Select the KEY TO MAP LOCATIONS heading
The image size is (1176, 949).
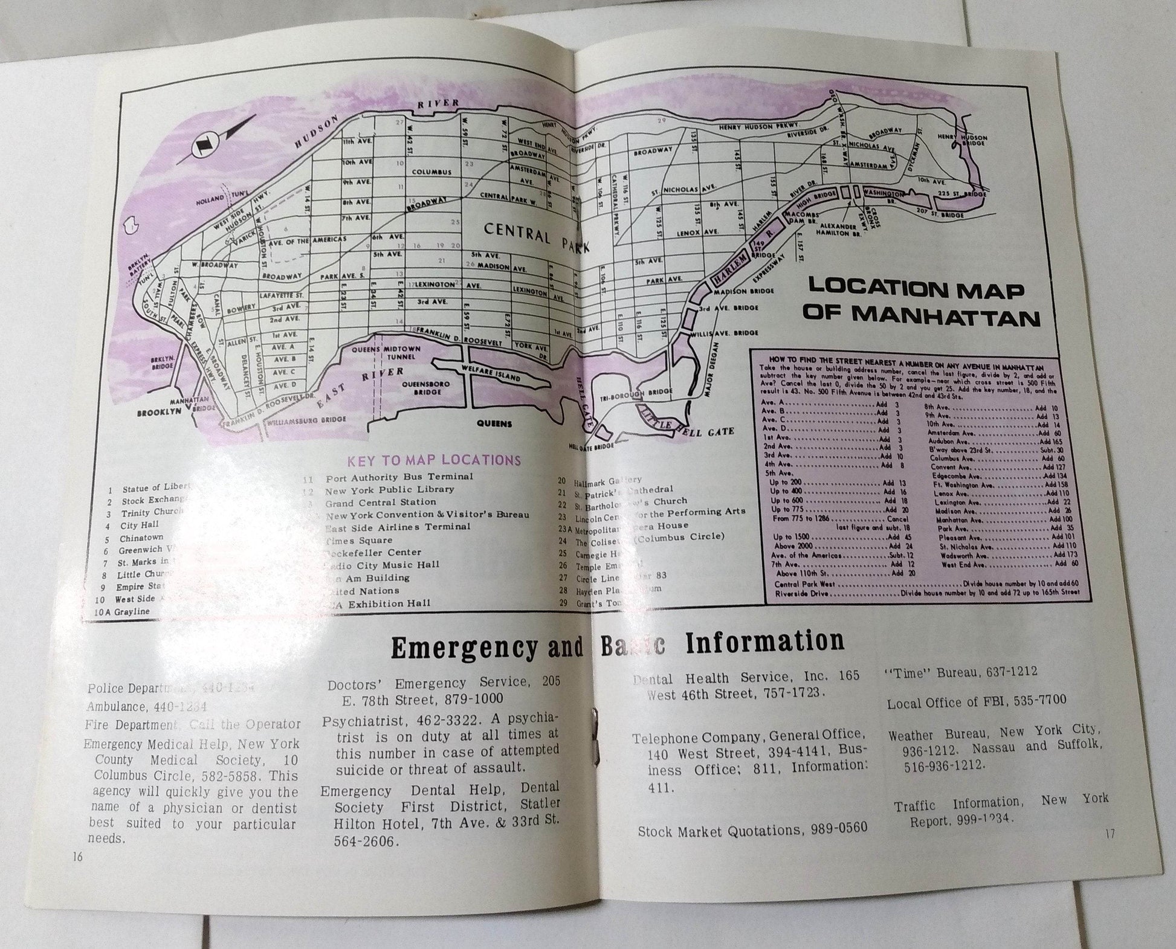[x=433, y=460]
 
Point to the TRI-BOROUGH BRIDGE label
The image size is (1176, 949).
[x=645, y=392]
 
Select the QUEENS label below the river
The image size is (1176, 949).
[x=494, y=423]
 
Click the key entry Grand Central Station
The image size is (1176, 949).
[x=380, y=502]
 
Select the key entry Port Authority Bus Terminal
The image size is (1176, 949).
[x=399, y=477]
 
